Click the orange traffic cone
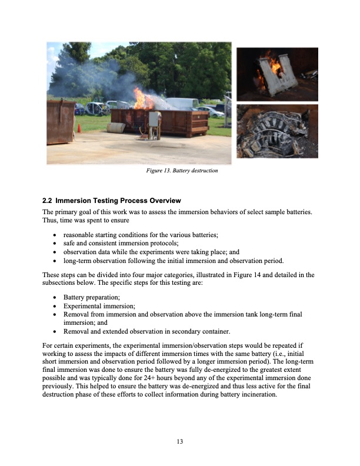pyautogui.click(x=79, y=128)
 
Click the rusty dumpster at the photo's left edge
pyautogui.click(x=60, y=121)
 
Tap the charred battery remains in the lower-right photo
pyautogui.click(x=276, y=132)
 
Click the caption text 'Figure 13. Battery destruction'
pyautogui.click(x=181, y=171)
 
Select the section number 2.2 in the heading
pyautogui.click(x=49, y=201)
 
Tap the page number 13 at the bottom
pyautogui.click(x=181, y=441)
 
